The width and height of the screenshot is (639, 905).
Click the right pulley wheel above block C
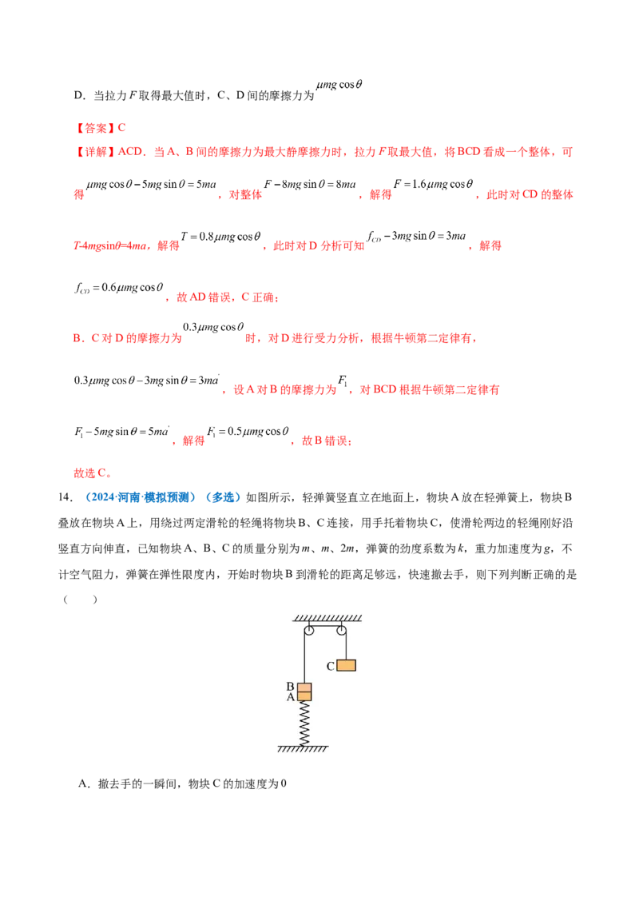(341, 631)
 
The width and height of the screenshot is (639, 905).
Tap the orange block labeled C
(345, 665)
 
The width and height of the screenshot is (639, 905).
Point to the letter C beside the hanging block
(330, 665)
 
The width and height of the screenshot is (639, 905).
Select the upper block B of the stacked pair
(304, 688)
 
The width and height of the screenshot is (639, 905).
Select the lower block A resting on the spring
(304, 697)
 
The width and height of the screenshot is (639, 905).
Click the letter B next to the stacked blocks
(291, 687)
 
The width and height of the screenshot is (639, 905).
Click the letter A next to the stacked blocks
(291, 697)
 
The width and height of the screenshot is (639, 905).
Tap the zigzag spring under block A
(304, 723)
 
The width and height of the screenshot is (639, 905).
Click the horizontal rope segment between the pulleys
(324, 625)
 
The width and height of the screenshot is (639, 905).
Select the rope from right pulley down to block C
(345, 646)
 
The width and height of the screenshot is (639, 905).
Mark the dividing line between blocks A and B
(304, 692)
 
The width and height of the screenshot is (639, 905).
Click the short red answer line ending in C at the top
(101, 127)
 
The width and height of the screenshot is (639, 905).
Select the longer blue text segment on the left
(140, 497)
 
